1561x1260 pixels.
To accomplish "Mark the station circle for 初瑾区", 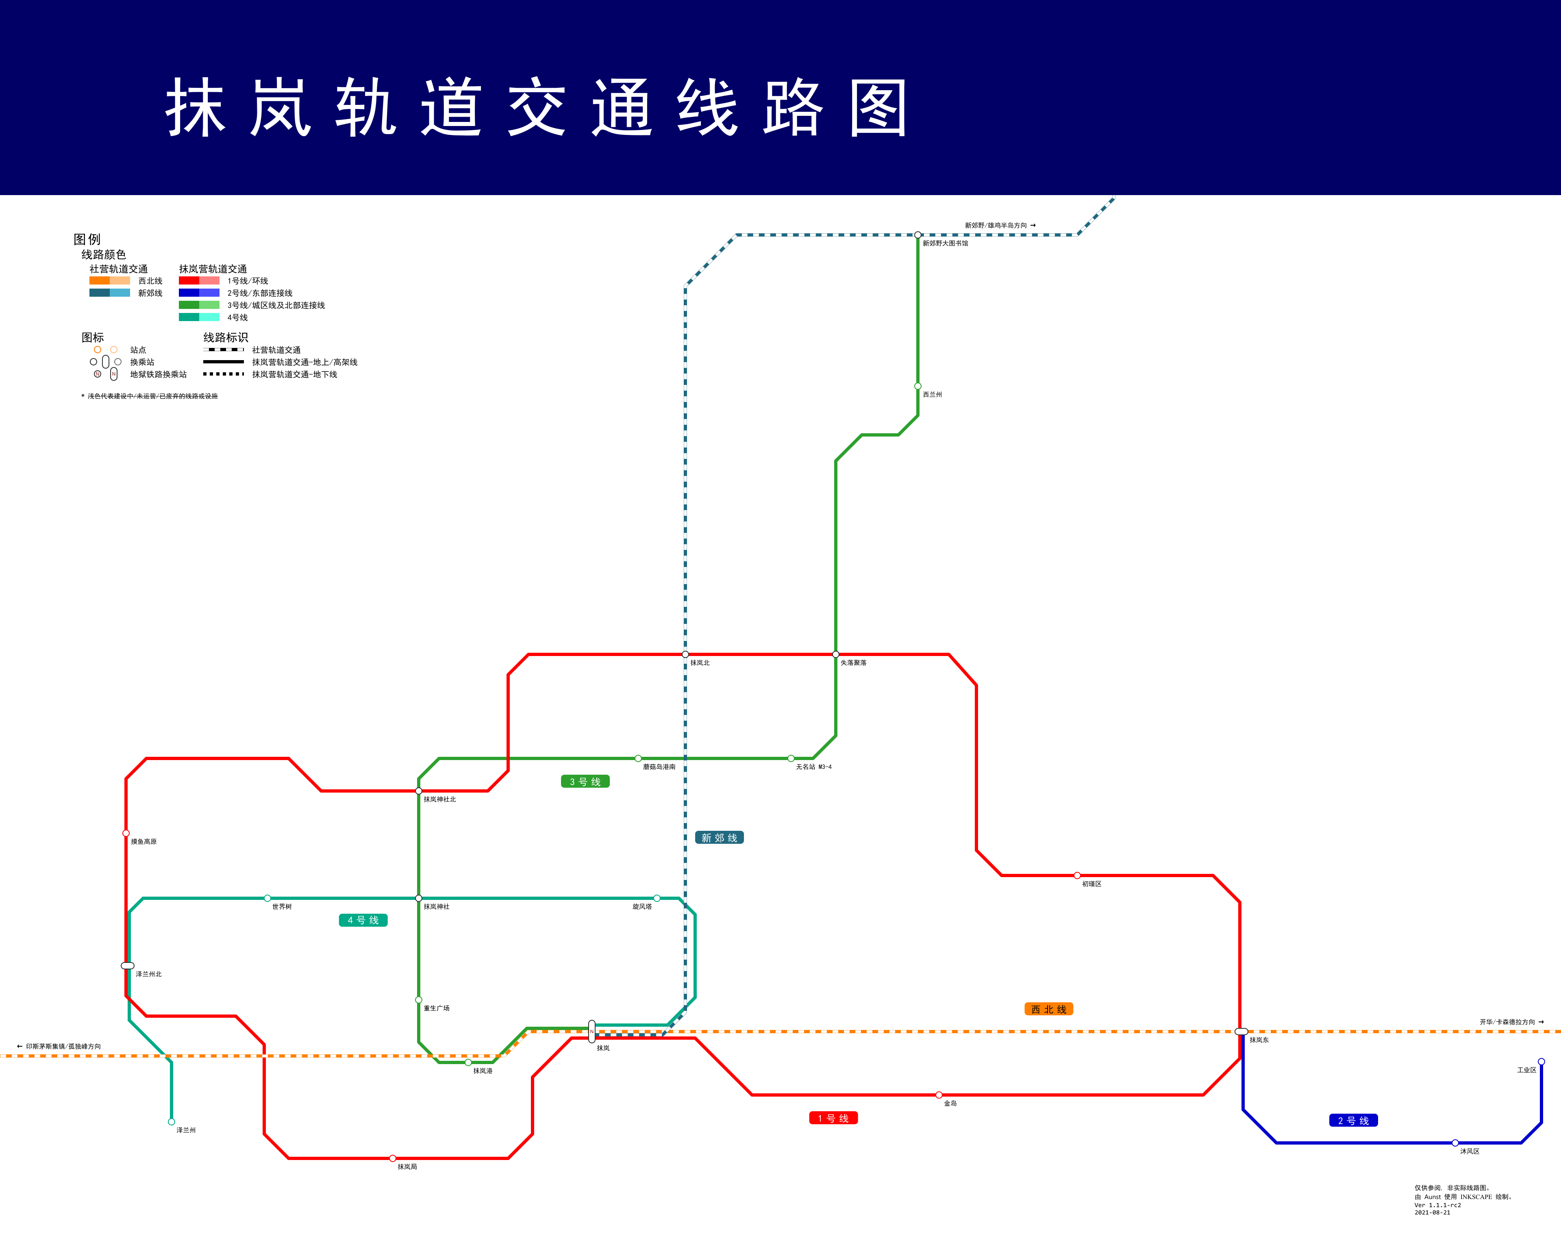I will tap(1077, 875).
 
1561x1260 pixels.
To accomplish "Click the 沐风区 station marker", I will tap(1455, 1143).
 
